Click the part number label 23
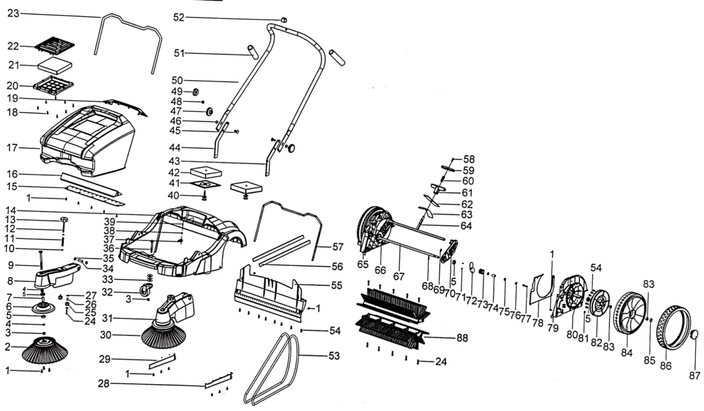pyautogui.click(x=13, y=13)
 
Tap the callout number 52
pyautogui.click(x=179, y=17)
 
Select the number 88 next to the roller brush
pyautogui.click(x=462, y=338)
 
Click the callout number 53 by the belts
pyautogui.click(x=334, y=356)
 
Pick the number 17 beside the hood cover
pyautogui.click(x=12, y=148)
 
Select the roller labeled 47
pyautogui.click(x=209, y=112)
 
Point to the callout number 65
pyautogui.click(x=363, y=265)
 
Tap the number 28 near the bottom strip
pyautogui.click(x=103, y=384)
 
